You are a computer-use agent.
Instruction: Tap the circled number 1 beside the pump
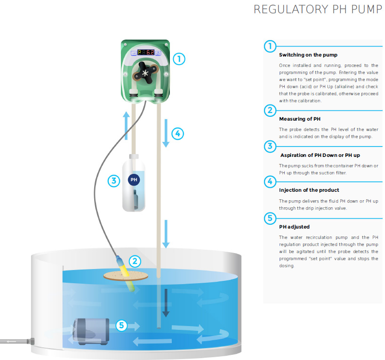click(x=179, y=59)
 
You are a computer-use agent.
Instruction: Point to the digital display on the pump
click(x=145, y=53)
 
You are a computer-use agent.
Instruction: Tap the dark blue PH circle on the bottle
click(x=133, y=180)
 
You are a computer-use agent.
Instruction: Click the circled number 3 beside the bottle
click(x=114, y=180)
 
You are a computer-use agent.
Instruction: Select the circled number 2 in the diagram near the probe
click(x=135, y=261)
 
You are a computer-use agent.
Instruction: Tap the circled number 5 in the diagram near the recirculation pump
click(x=121, y=325)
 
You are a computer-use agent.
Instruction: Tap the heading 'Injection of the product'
click(x=309, y=190)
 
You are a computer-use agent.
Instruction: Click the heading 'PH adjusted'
click(x=294, y=227)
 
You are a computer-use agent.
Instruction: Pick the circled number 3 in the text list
click(x=270, y=146)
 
